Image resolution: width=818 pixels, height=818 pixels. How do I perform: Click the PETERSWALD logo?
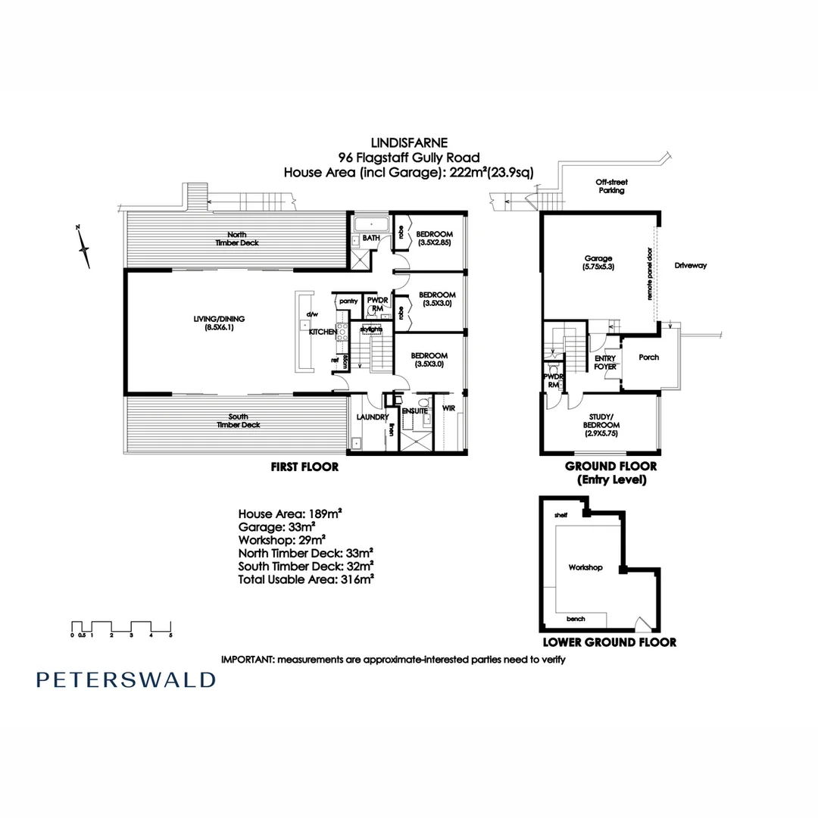point(126,679)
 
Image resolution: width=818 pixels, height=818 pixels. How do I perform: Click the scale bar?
point(121,628)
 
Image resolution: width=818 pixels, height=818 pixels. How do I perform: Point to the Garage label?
point(598,262)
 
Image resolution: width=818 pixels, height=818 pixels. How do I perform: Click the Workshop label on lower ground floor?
point(585,567)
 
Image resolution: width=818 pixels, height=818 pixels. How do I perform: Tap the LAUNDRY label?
point(372,417)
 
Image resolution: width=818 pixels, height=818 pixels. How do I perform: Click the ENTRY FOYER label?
point(605,362)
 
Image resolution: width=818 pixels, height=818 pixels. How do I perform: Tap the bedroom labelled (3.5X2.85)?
point(434,237)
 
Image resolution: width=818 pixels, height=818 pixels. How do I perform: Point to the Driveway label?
point(690,266)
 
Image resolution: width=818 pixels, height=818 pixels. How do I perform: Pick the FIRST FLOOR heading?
point(304,467)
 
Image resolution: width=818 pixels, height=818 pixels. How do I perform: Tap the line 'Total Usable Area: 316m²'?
point(306,579)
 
